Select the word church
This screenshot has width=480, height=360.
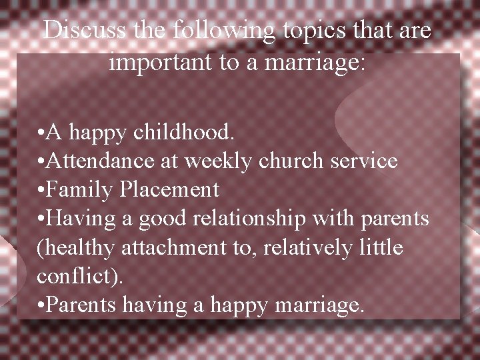(x=289, y=161)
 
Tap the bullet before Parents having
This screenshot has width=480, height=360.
(x=42, y=306)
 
